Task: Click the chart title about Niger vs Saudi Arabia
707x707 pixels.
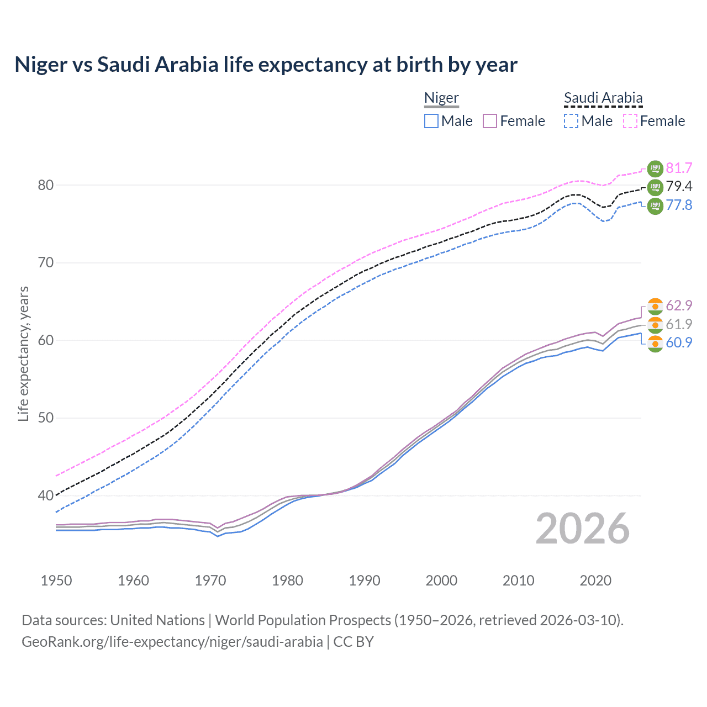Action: (x=266, y=65)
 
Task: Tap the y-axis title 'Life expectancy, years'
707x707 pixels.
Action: (x=23, y=353)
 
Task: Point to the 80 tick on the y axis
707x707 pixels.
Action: (x=46, y=185)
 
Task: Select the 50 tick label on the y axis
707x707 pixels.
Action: (x=46, y=418)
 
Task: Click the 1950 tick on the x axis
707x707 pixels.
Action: (x=56, y=581)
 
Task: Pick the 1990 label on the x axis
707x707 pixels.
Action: (x=365, y=581)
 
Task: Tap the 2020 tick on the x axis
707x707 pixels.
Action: (x=595, y=581)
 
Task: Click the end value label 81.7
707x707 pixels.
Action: (x=679, y=168)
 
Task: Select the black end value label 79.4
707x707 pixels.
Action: (x=679, y=187)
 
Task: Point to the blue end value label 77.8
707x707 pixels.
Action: (x=679, y=205)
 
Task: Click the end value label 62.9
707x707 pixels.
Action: (x=679, y=306)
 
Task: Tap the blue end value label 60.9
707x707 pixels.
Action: (x=679, y=343)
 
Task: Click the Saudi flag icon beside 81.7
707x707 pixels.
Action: (x=655, y=168)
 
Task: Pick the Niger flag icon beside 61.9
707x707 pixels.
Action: (x=655, y=324)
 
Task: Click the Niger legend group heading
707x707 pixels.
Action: (x=441, y=98)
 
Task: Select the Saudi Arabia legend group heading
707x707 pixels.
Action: (x=603, y=98)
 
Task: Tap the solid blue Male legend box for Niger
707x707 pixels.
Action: (x=431, y=121)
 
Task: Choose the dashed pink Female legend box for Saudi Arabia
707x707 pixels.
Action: (x=630, y=121)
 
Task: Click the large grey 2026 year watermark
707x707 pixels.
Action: (x=583, y=529)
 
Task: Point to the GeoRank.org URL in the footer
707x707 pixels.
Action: (x=172, y=642)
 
